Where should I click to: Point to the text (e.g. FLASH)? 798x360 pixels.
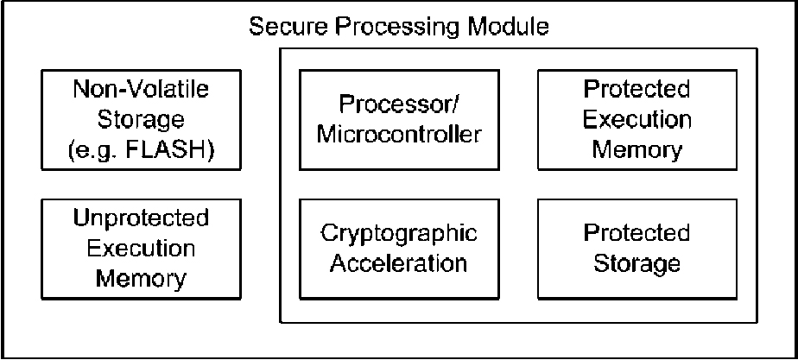141,151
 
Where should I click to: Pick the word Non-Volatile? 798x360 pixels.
141,89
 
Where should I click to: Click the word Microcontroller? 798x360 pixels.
399,136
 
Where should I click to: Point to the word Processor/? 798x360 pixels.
399,104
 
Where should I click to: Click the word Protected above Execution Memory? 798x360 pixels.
637,90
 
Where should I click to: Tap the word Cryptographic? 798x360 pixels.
399,235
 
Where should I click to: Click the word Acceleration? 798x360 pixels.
399,264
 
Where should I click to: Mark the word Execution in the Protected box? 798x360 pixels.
637,120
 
